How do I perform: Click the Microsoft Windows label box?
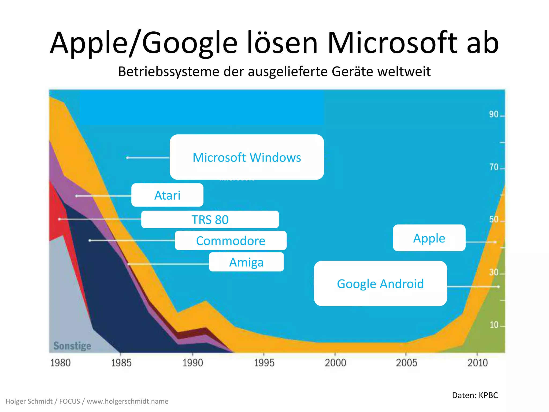pos(247,157)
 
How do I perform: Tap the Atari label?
pos(167,195)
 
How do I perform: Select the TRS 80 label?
pos(210,219)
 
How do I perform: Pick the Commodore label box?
pos(231,241)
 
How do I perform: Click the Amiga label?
pos(246,262)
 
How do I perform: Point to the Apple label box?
pos(429,238)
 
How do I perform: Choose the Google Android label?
pos(380,284)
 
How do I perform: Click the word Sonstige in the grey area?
pos(72,346)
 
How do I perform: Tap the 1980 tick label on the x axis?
pos(60,363)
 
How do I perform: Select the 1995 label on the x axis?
pos(264,363)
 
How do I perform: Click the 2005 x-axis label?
pos(406,363)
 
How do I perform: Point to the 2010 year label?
pos(477,363)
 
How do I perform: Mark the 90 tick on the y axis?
pos(494,114)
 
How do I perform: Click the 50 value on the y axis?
pos(494,219)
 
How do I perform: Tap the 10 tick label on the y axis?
pos(494,325)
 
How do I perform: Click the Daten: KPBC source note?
pos(475,395)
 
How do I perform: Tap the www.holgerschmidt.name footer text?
pos(128,401)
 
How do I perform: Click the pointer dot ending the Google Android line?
pos(498,287)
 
